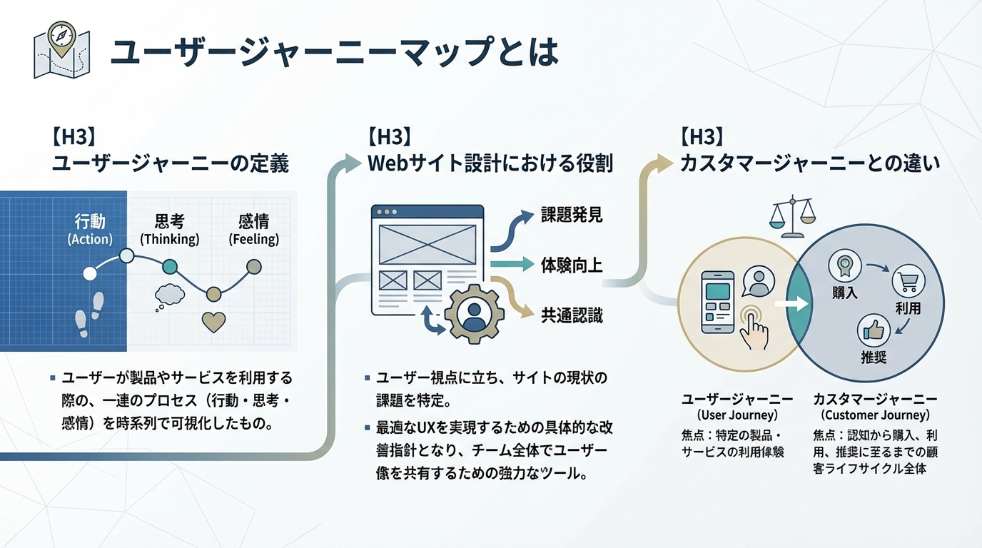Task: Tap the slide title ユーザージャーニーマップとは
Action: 334,53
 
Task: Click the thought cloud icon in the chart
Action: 170,295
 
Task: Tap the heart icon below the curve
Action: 213,322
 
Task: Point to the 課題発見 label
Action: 572,215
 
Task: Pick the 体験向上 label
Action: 572,265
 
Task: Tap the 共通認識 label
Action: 572,315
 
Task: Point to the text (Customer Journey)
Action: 875,415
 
